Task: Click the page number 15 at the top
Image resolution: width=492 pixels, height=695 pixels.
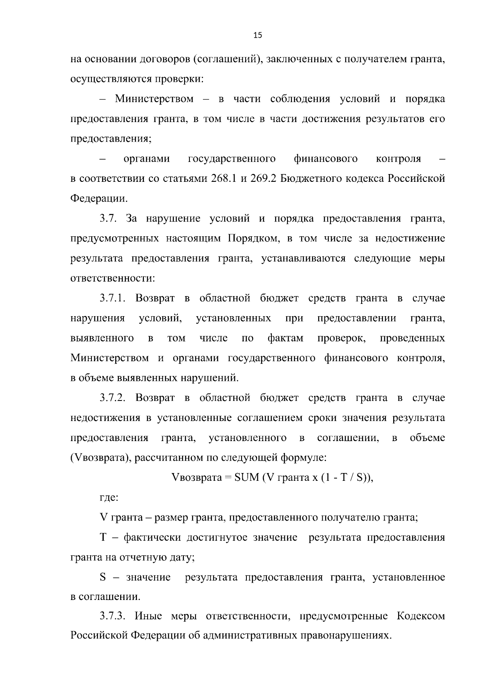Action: pos(257,36)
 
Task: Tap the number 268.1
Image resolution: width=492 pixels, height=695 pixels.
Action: pos(224,179)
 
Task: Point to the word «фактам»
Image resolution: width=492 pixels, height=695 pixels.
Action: pos(286,338)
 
